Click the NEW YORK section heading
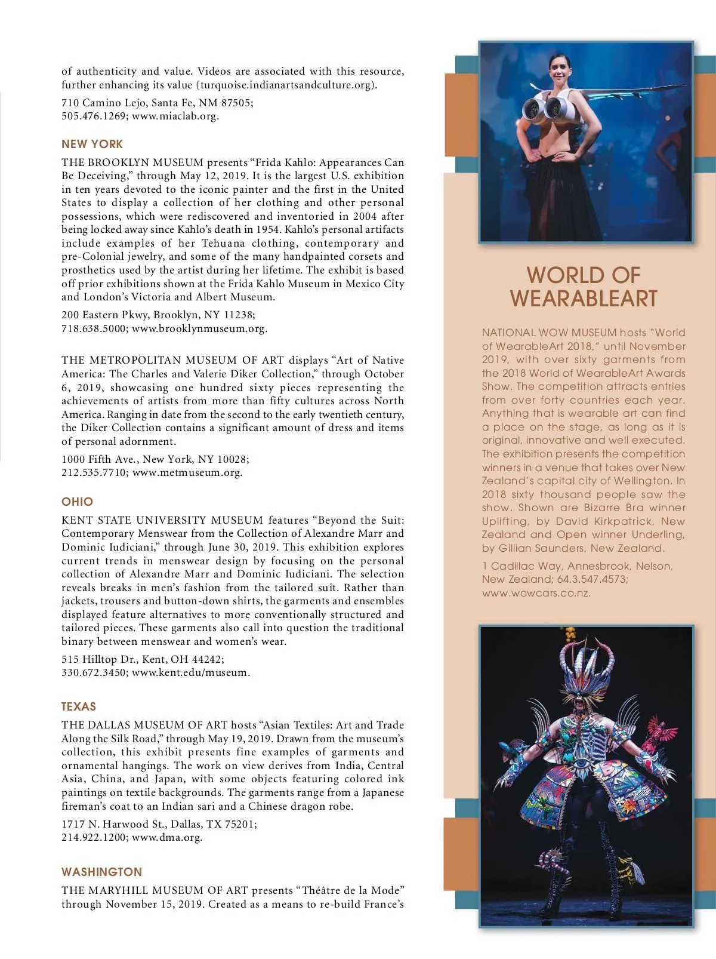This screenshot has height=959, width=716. (x=92, y=144)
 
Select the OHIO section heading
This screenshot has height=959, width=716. (x=77, y=502)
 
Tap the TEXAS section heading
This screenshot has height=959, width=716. (x=78, y=706)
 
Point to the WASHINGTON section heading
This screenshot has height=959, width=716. (x=101, y=872)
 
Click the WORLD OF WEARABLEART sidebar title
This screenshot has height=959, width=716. (x=584, y=287)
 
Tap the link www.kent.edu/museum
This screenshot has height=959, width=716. (x=190, y=672)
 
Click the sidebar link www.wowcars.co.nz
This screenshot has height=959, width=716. (x=536, y=593)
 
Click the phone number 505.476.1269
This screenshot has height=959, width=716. (x=94, y=116)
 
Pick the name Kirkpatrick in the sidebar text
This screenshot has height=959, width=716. (x=620, y=521)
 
